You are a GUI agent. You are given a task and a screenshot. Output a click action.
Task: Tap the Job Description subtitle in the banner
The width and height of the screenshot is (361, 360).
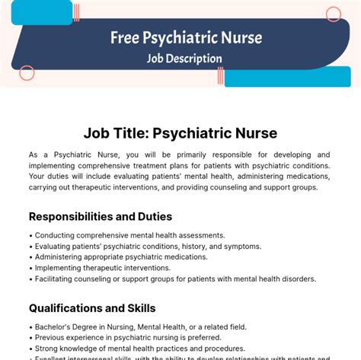click(185, 58)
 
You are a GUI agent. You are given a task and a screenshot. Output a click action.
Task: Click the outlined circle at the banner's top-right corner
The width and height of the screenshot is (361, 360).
click(334, 14)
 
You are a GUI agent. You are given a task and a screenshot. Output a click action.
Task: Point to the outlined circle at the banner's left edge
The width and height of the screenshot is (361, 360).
click(27, 73)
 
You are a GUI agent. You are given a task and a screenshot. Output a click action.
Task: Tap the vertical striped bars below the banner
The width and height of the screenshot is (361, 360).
click(219, 75)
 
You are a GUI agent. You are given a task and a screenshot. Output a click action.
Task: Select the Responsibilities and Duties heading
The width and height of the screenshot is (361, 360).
click(101, 216)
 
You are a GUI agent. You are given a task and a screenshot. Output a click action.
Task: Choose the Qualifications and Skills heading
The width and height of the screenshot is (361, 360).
click(92, 308)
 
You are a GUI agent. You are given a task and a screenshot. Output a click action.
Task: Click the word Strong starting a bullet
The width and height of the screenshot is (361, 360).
click(48, 349)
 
